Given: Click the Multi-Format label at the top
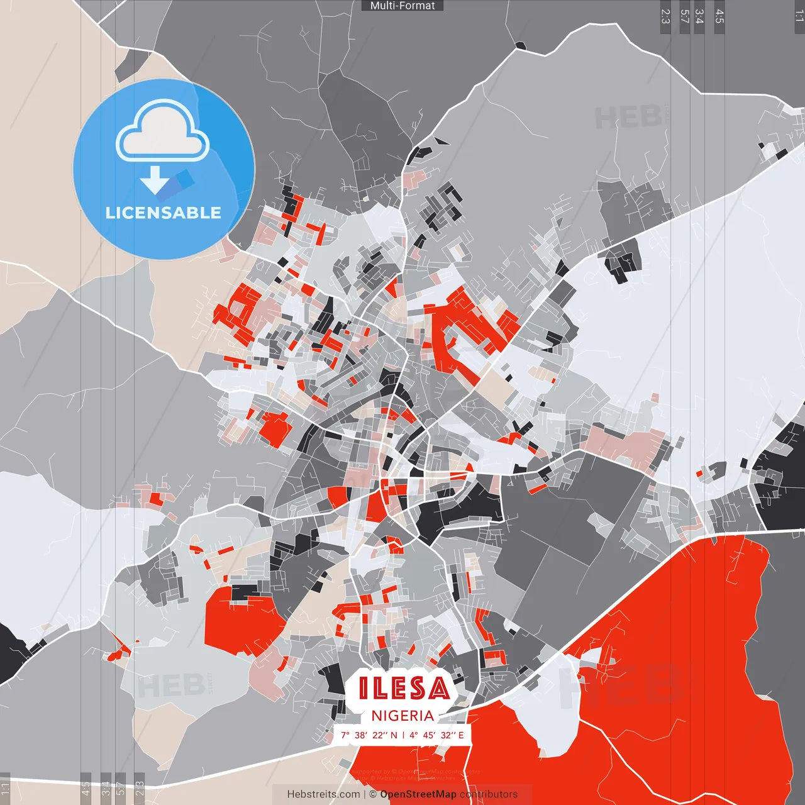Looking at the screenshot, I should click(x=402, y=6).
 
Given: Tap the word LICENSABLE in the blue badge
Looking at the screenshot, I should click(x=164, y=213).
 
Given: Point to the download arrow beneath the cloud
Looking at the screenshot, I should click(x=155, y=180).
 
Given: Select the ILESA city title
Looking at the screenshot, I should click(x=404, y=689).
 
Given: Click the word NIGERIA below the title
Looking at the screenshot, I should click(x=402, y=716).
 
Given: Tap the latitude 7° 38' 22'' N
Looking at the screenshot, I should click(x=369, y=735).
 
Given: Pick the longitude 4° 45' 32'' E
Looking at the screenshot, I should click(x=436, y=735).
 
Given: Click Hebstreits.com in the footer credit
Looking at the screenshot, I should click(x=323, y=794).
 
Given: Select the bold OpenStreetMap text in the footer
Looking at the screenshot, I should click(x=418, y=794).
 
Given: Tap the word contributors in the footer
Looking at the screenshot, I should click(x=489, y=794).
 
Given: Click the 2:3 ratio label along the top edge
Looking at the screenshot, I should click(x=665, y=16).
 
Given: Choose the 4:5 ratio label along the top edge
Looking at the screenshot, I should click(x=719, y=16).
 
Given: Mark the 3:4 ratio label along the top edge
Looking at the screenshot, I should click(x=699, y=16).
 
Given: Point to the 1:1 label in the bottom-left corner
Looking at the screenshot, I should click(x=5, y=789).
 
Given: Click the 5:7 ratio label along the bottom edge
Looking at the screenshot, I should click(x=121, y=789).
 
